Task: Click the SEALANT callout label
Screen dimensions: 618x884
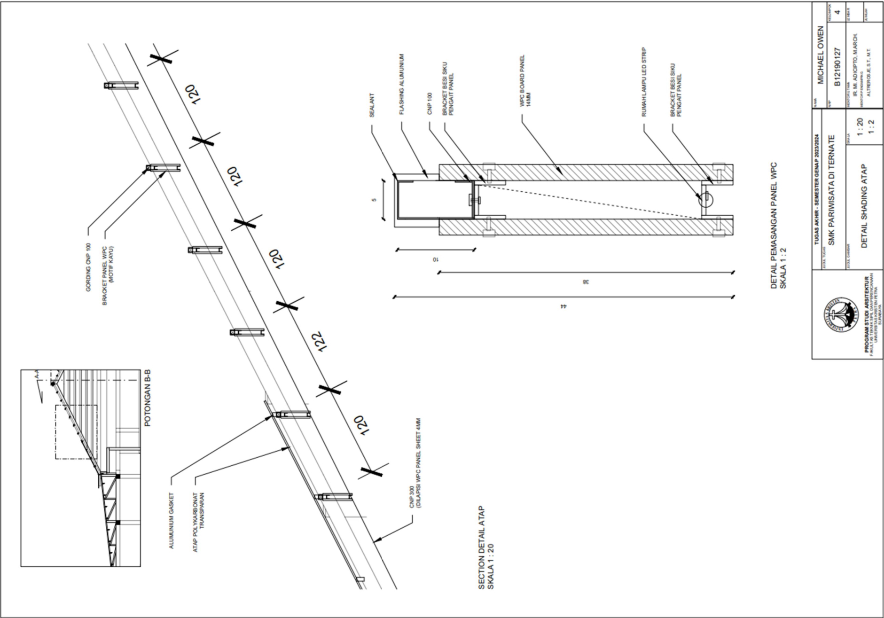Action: point(372,104)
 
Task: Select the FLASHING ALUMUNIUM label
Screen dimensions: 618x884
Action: point(402,85)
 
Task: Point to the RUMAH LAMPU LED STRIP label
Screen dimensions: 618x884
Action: point(644,82)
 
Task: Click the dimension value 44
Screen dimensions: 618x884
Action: point(563,306)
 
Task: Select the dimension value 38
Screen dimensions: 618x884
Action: point(585,282)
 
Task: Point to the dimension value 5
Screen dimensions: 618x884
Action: point(375,199)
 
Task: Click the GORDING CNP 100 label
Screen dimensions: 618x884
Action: point(88,267)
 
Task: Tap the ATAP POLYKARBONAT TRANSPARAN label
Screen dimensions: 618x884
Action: point(198,522)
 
